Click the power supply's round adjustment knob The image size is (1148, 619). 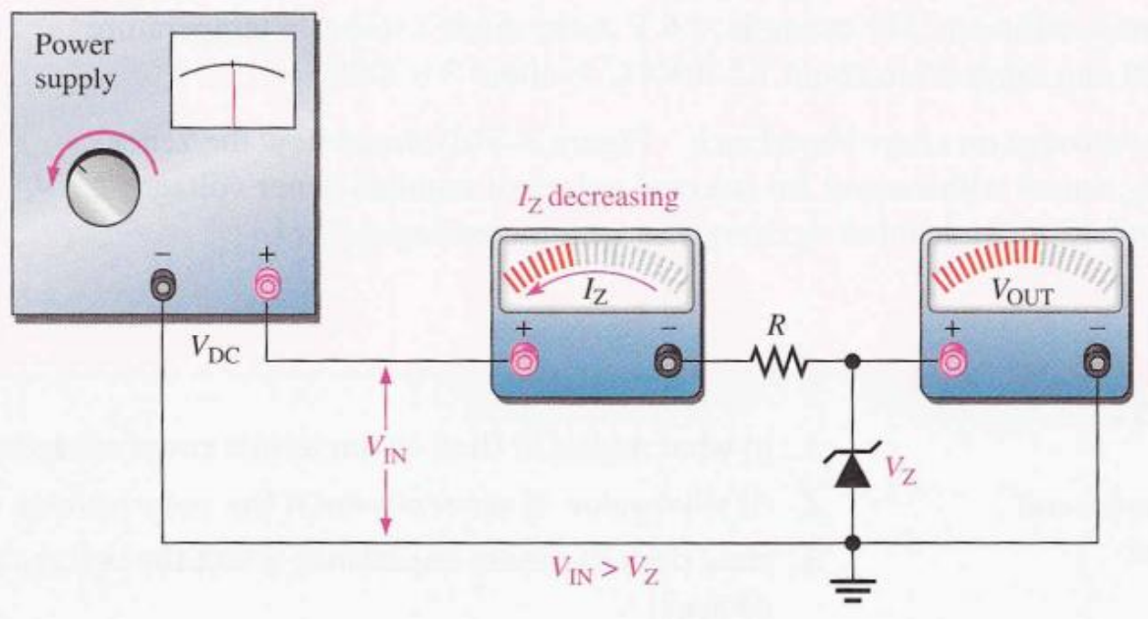point(102,187)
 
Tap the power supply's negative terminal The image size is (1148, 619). point(162,285)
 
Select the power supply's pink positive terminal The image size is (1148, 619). point(266,285)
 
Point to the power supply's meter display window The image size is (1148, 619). point(234,81)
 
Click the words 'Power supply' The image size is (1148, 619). point(75,63)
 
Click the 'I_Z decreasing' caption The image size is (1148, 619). point(598,198)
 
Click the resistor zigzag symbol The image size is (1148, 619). point(778,361)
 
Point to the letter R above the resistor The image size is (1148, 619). point(776,325)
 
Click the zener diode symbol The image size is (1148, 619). point(852,470)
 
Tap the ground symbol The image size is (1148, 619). point(852,588)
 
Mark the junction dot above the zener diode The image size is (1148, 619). point(852,361)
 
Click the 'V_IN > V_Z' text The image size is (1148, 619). point(604,569)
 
